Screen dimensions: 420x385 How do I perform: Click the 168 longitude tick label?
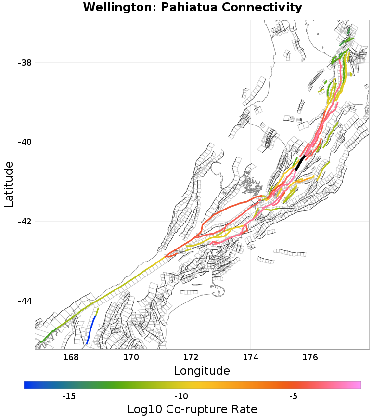[x=71, y=357]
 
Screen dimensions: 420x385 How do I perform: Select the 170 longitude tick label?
[x=131, y=357]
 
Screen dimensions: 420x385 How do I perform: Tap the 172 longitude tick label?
[x=191, y=357]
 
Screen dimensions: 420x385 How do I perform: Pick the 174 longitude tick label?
[x=251, y=357]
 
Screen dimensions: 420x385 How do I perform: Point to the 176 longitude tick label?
[x=310, y=357]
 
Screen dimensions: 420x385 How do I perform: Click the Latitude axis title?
[x=9, y=184]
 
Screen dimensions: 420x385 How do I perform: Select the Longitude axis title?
[x=202, y=371]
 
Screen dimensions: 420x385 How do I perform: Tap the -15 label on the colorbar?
[x=69, y=396]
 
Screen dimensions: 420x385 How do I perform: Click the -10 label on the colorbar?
[x=181, y=396]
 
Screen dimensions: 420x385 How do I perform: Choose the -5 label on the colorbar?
[x=293, y=396]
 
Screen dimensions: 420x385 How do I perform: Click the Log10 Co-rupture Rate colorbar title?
[x=192, y=409]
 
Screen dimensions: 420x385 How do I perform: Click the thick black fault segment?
[x=300, y=162]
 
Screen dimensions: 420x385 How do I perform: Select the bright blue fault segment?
[x=90, y=330]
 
